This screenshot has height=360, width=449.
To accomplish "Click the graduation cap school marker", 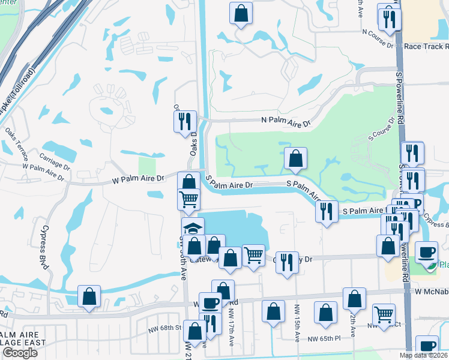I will pyautogui.click(x=193, y=229).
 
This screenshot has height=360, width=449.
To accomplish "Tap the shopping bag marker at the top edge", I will pyautogui.click(x=241, y=13).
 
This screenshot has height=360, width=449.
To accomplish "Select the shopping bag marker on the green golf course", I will pyautogui.click(x=295, y=159).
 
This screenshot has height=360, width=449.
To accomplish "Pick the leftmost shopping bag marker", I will pyautogui.click(x=89, y=296).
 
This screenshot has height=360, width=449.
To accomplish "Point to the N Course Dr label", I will pyautogui.click(x=378, y=38).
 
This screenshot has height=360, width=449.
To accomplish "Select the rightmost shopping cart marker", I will pyautogui.click(x=384, y=314).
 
